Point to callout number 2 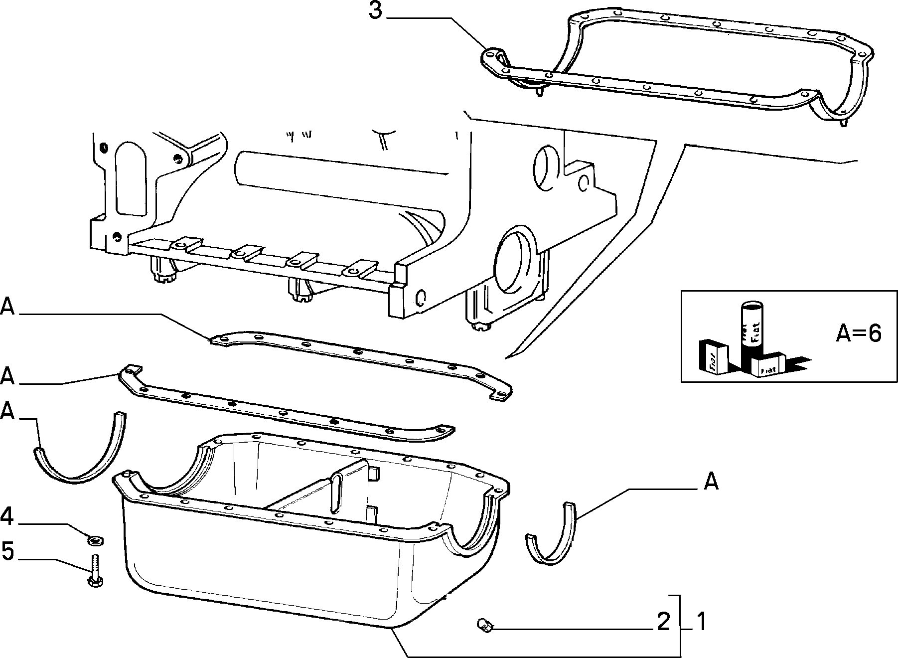click(664, 622)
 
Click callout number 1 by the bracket click(701, 622)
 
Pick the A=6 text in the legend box click(859, 334)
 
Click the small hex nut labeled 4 click(94, 539)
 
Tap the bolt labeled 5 click(95, 572)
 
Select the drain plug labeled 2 click(484, 624)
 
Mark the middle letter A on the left click(7, 376)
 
